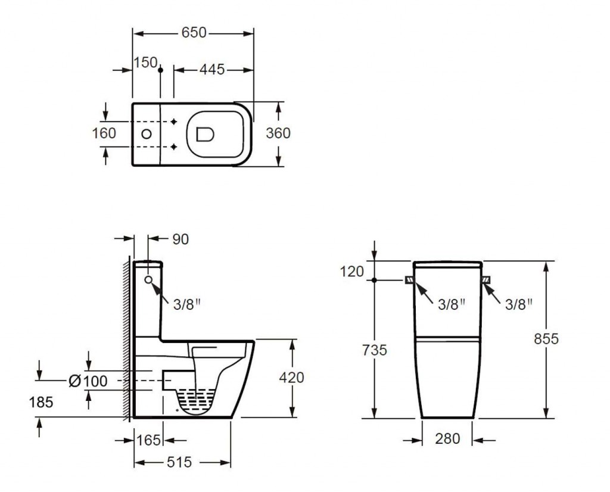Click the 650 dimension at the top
click(194, 33)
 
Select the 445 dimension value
click(212, 70)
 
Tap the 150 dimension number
click(145, 62)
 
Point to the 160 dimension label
click(104, 133)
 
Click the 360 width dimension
click(278, 133)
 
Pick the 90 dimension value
click(180, 239)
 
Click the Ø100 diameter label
click(88, 381)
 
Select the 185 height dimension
click(41, 402)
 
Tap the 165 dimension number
click(148, 440)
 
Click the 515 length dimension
click(179, 462)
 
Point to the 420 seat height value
click(291, 377)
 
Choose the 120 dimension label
click(352, 272)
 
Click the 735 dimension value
click(375, 350)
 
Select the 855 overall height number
click(546, 339)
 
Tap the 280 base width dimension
click(447, 439)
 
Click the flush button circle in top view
click(147, 134)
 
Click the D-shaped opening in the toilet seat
click(205, 134)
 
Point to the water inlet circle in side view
click(148, 279)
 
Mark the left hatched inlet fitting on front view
click(409, 280)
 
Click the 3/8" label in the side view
click(186, 304)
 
